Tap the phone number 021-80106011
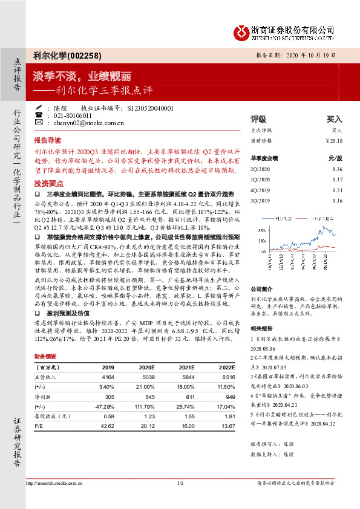coord(72,115)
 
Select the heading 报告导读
coord(48,138)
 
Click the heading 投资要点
coord(48,182)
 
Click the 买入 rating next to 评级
coord(334,119)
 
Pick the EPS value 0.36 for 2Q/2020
coord(337,169)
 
